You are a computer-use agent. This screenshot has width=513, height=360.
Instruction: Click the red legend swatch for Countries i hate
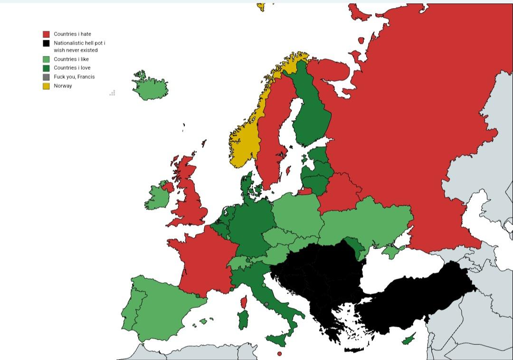[x=46, y=34]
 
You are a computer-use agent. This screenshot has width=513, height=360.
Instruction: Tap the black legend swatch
[x=46, y=43]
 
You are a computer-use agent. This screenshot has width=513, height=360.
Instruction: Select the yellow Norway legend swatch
[x=46, y=86]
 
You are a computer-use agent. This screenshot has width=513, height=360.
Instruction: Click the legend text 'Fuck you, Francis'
[x=74, y=77]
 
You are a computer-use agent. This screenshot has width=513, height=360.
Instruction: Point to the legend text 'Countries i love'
[x=72, y=68]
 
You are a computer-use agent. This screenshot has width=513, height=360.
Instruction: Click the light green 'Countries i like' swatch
[x=46, y=59]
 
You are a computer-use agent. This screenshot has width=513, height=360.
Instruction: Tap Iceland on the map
[x=150, y=87]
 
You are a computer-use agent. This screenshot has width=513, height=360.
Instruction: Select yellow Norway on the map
[x=245, y=138]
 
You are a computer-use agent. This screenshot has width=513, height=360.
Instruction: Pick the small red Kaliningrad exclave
[x=304, y=192]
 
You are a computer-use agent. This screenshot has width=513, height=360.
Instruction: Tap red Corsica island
[x=244, y=302]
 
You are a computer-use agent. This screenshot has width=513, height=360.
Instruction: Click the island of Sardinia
[x=243, y=320]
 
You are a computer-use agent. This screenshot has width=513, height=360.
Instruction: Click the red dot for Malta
[x=279, y=354]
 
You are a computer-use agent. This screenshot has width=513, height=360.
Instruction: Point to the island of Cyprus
[x=408, y=340]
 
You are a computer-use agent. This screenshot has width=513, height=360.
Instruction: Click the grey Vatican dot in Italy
[x=266, y=304]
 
